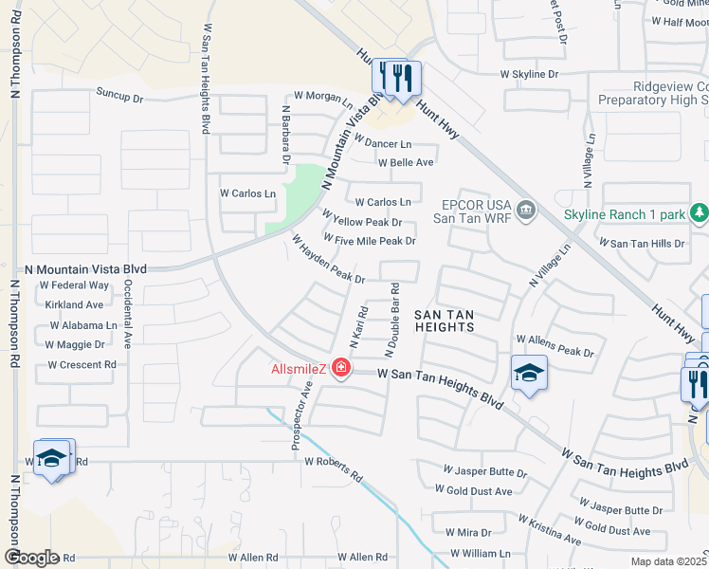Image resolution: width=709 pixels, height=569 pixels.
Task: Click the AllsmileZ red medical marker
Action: coord(340,369)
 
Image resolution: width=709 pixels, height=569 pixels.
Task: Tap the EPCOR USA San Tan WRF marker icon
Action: coord(526,208)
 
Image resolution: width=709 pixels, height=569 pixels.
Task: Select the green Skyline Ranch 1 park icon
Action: coord(700,212)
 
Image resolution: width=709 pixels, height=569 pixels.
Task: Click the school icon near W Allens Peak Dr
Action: coord(529,373)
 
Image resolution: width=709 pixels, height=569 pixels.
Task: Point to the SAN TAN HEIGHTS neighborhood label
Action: coord(444,320)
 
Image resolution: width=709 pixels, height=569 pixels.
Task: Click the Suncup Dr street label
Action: coord(118,97)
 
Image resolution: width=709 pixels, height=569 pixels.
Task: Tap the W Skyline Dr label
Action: coord(530,74)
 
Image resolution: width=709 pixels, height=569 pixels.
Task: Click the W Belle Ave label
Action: coord(406,162)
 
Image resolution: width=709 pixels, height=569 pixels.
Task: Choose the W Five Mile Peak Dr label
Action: coord(370,241)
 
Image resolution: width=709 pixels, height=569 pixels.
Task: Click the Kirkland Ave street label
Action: coord(74,305)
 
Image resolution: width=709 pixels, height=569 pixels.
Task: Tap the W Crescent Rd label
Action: coord(82,364)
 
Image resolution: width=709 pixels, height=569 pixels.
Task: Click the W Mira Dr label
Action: coord(468,533)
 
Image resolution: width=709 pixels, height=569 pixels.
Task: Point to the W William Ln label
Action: coord(479,553)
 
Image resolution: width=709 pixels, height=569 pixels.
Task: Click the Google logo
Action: coord(32,557)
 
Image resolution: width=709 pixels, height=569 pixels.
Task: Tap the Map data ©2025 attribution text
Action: coord(669,561)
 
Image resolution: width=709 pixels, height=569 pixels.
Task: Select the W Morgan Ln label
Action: coord(322,95)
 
